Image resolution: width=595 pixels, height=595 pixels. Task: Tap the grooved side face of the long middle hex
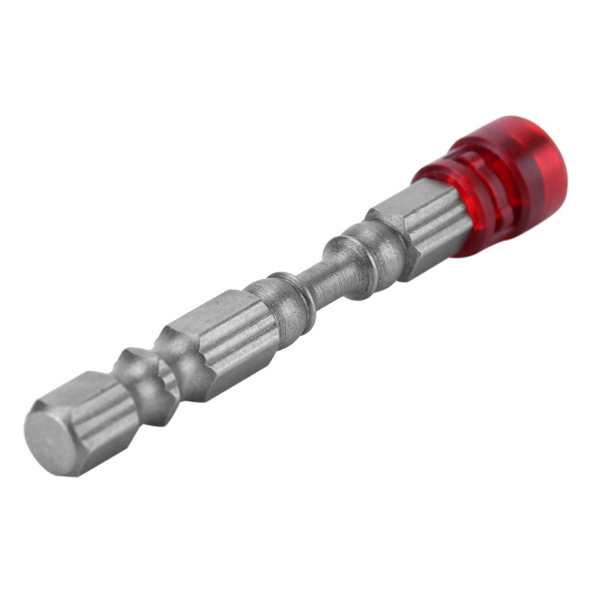click(x=238, y=351)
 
